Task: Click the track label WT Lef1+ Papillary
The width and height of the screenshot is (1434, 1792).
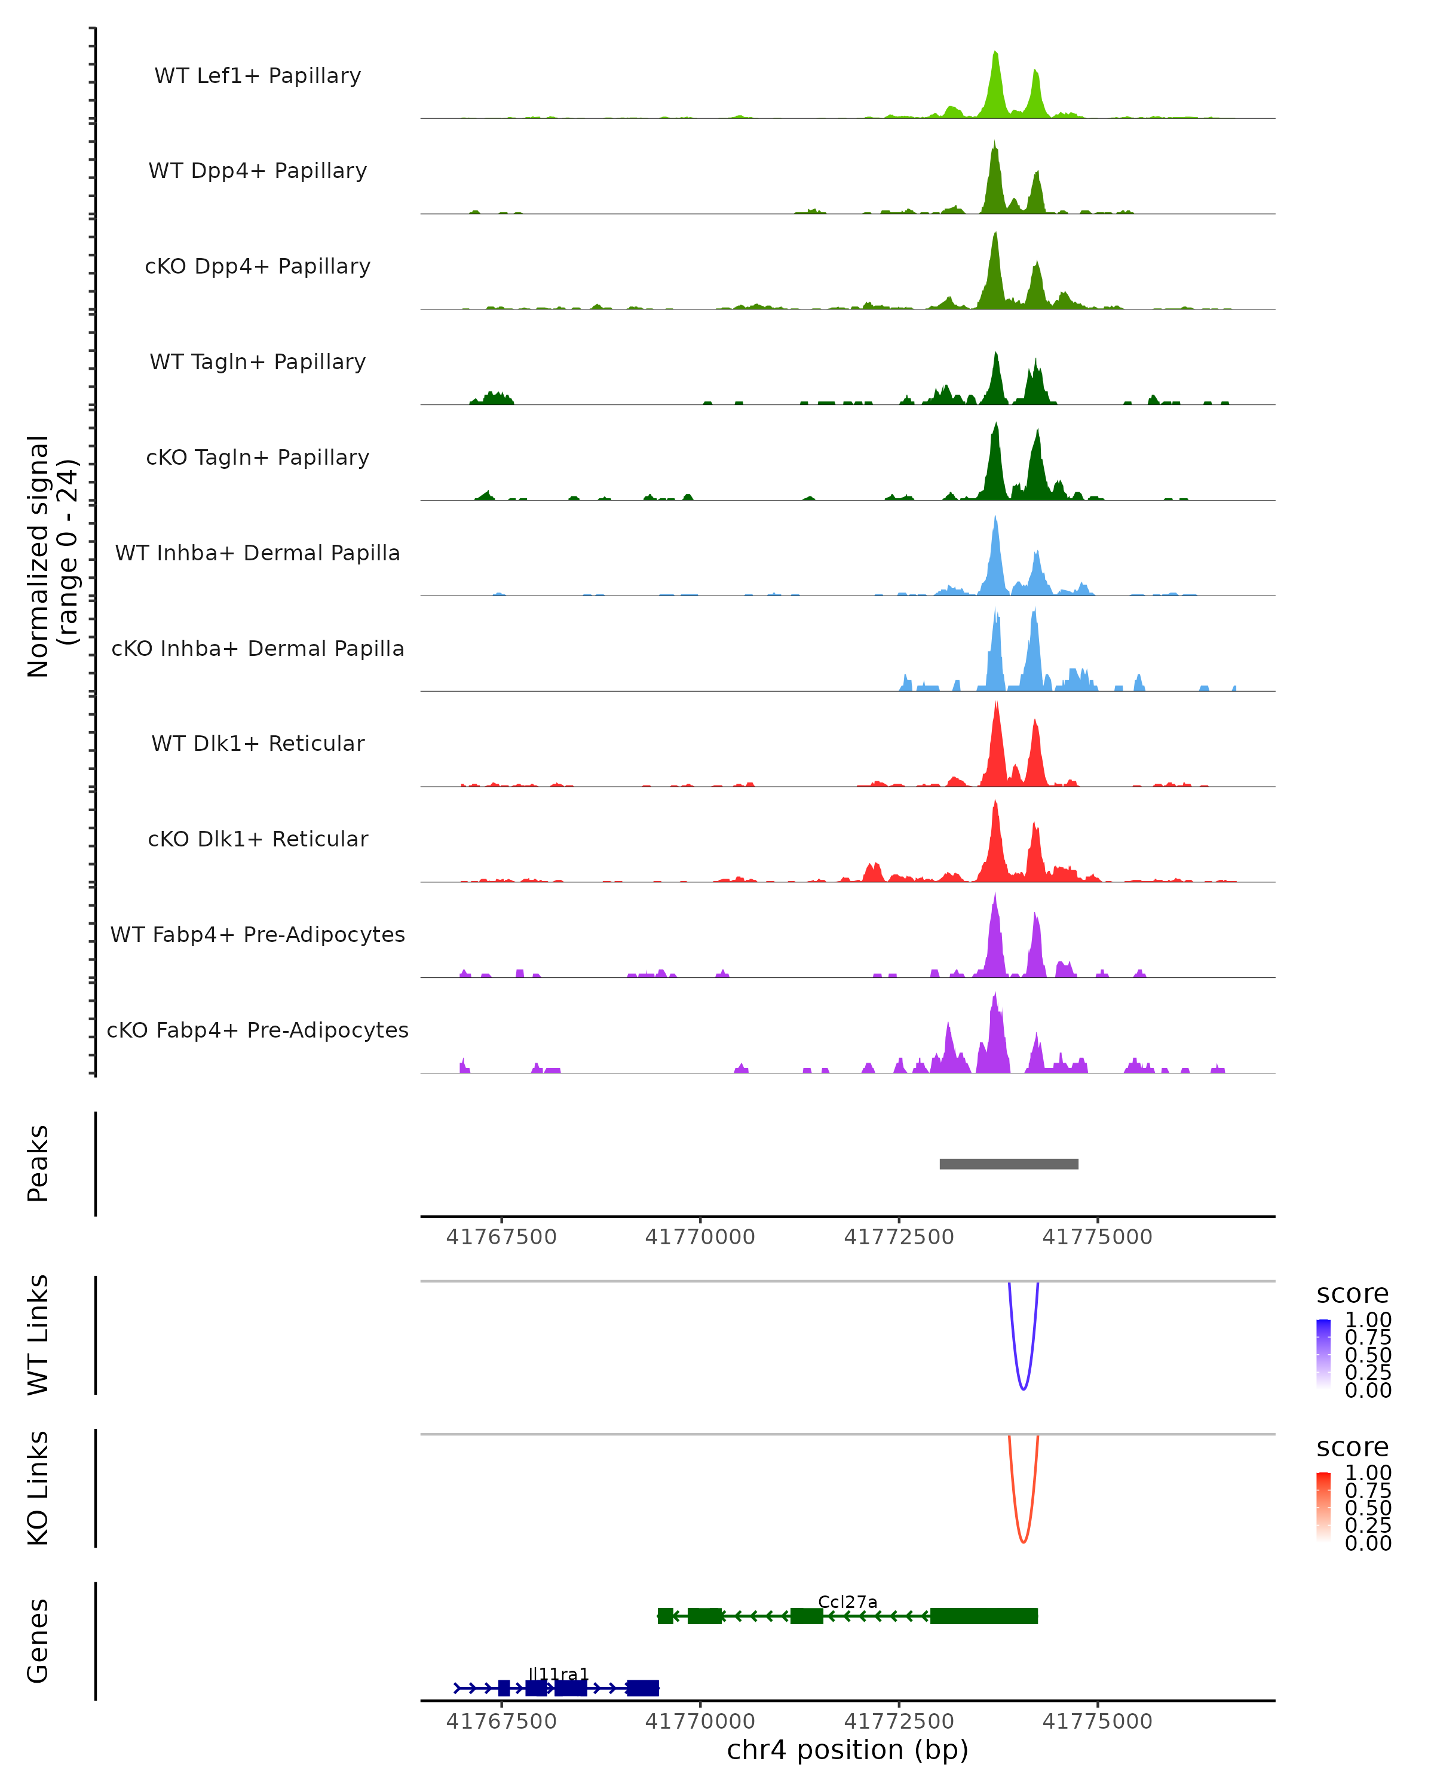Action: point(258,76)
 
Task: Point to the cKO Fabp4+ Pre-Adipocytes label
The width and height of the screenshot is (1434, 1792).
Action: point(258,1030)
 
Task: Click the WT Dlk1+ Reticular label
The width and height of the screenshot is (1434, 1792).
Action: point(258,744)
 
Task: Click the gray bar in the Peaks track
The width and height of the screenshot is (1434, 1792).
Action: point(1009,1164)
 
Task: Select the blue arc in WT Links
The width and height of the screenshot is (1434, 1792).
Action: point(1024,1389)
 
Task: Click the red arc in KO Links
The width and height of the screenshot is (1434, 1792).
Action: point(1024,1542)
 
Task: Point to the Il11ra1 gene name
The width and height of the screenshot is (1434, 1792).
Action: point(559,1674)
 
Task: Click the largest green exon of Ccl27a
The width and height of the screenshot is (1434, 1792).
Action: point(983,1616)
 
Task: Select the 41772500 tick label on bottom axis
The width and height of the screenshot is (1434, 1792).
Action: point(899,1722)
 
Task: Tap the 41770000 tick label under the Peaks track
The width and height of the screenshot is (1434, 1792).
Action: point(700,1237)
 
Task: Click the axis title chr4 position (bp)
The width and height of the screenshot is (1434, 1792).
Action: point(847,1750)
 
